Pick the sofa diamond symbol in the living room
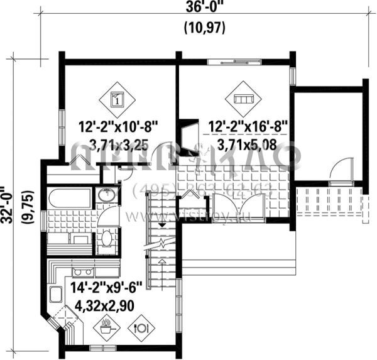click(242, 98)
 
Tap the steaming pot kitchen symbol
click(106, 326)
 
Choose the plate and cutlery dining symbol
click(141, 327)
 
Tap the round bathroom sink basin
click(106, 196)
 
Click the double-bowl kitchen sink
click(84, 271)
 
